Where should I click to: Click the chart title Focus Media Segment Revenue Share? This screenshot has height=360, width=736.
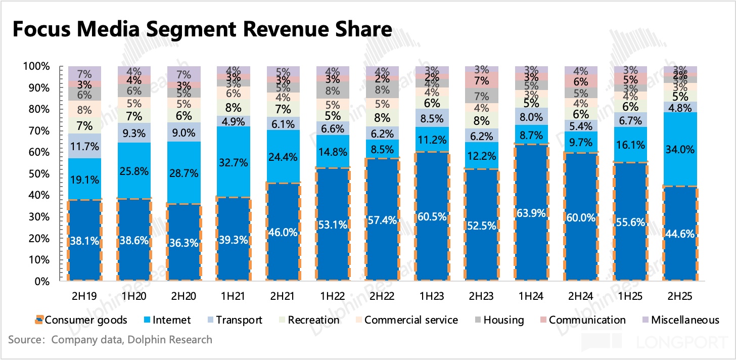pyautogui.click(x=201, y=30)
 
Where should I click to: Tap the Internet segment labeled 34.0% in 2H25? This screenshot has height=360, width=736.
pyautogui.click(x=680, y=150)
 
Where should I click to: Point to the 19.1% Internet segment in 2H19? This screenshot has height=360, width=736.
pyautogui.click(x=84, y=178)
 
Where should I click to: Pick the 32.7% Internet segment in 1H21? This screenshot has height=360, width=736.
pyautogui.click(x=233, y=162)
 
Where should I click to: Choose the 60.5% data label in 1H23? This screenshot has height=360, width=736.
pyautogui.click(x=432, y=217)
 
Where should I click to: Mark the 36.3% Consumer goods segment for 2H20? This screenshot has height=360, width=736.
pyautogui.click(x=183, y=242)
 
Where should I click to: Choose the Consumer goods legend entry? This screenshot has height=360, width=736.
pyautogui.click(x=81, y=320)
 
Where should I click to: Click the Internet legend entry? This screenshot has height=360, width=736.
pyautogui.click(x=167, y=320)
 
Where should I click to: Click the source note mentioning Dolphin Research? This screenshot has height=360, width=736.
pyautogui.click(x=111, y=339)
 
